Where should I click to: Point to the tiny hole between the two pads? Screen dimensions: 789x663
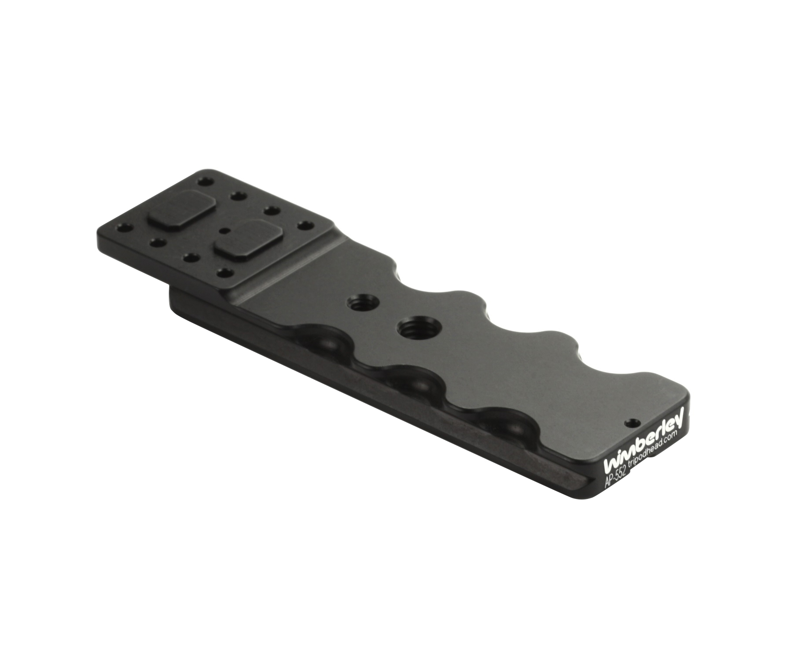click(x=225, y=230)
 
